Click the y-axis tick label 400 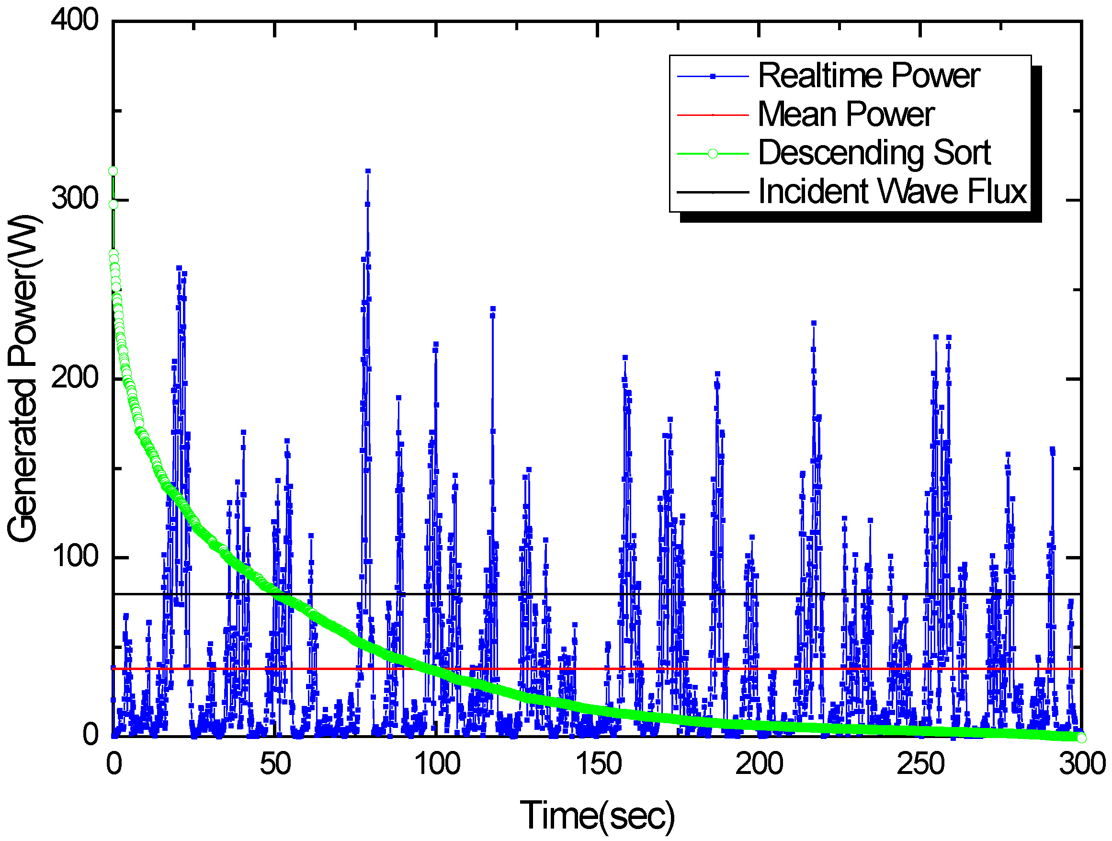click(74, 21)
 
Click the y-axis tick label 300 click(74, 199)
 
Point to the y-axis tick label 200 click(74, 377)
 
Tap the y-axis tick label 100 click(74, 557)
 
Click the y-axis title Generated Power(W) click(24, 378)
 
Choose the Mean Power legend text click(846, 114)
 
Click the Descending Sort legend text click(874, 153)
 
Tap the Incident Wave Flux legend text click(892, 192)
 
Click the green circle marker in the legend click(713, 154)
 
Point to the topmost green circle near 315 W click(113, 171)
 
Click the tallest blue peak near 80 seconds click(368, 171)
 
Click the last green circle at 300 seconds click(1081, 738)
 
